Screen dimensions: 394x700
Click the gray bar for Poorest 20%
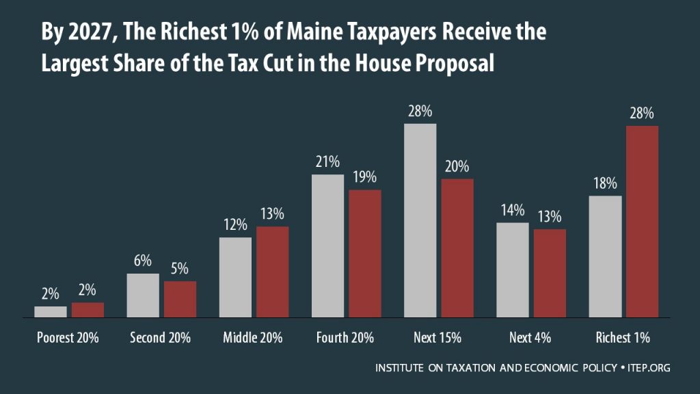[51, 312]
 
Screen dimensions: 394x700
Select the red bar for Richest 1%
[641, 222]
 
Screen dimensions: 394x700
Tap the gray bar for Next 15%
[420, 220]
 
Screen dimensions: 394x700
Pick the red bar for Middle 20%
[272, 272]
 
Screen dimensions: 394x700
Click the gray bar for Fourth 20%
[327, 246]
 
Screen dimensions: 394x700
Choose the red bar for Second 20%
[180, 300]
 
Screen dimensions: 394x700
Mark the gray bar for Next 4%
[512, 270]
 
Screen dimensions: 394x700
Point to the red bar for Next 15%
[457, 248]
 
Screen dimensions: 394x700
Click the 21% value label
[327, 162]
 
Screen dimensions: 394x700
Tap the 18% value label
[605, 183]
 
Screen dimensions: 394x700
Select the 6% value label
[142, 261]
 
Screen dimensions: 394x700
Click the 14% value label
[512, 210]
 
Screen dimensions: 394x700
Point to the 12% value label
[235, 225]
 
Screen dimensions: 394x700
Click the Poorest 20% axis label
[68, 338]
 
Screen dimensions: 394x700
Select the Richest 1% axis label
[623, 338]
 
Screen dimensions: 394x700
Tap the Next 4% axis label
[530, 338]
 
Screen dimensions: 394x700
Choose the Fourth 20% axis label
[345, 338]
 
